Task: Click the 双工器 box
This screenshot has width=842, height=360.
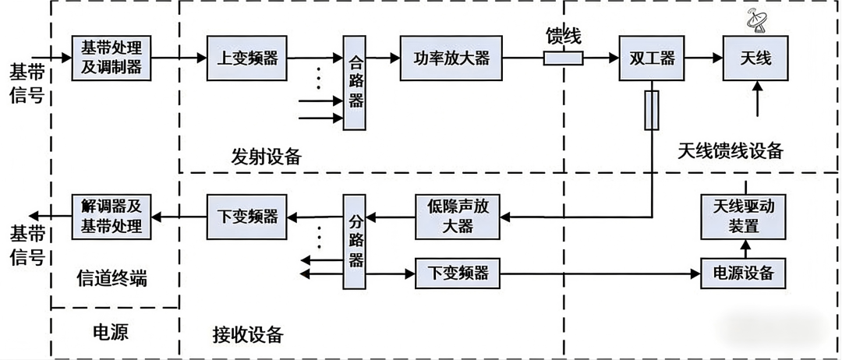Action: click(x=646, y=58)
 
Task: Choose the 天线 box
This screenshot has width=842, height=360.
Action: click(x=754, y=58)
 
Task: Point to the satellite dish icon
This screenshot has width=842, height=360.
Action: click(x=755, y=20)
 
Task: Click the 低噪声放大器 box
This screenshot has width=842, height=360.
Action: click(x=457, y=216)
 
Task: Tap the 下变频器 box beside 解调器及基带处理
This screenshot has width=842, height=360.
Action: click(x=242, y=215)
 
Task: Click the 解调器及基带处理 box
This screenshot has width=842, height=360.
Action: click(x=111, y=216)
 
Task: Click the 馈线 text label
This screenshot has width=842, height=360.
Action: click(x=563, y=36)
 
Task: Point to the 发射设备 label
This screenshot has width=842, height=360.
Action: click(x=266, y=156)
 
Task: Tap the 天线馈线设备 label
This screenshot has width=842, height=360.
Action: click(x=730, y=150)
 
